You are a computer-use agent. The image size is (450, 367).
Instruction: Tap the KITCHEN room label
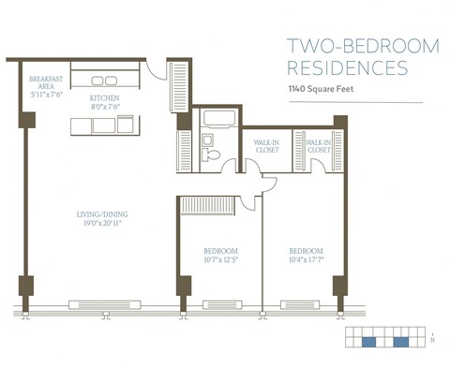pyautogui.click(x=104, y=97)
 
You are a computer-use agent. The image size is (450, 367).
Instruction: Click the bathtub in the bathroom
pyautogui.click(x=219, y=120)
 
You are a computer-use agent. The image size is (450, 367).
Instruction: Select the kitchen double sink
pyautogui.click(x=104, y=81)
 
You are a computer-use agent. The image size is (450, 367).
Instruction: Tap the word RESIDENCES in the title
pyautogui.click(x=347, y=67)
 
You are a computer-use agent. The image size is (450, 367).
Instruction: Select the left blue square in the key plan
pyautogui.click(x=368, y=343)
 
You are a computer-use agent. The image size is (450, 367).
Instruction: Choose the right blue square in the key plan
pyautogui.click(x=401, y=343)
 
